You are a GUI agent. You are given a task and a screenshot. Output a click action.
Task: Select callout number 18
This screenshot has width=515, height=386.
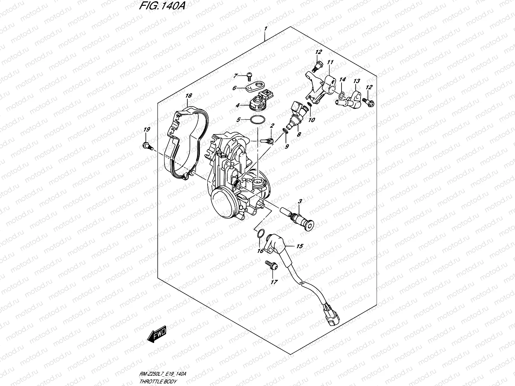(189, 96)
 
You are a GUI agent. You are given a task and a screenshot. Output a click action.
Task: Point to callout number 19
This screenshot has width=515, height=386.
(147, 130)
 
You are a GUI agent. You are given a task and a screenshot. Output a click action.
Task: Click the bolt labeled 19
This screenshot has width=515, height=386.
(147, 146)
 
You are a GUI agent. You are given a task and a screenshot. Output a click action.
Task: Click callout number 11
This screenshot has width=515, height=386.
(330, 62)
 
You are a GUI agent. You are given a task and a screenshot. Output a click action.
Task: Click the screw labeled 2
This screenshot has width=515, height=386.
(268, 140)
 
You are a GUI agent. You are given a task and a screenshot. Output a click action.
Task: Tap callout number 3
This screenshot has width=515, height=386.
(300, 202)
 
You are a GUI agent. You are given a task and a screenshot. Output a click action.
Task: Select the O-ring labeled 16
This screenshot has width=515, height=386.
(261, 233)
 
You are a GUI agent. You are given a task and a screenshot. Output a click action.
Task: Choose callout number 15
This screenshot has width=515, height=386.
(299, 246)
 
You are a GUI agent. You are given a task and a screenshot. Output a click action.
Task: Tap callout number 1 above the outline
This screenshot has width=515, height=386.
(266, 29)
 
